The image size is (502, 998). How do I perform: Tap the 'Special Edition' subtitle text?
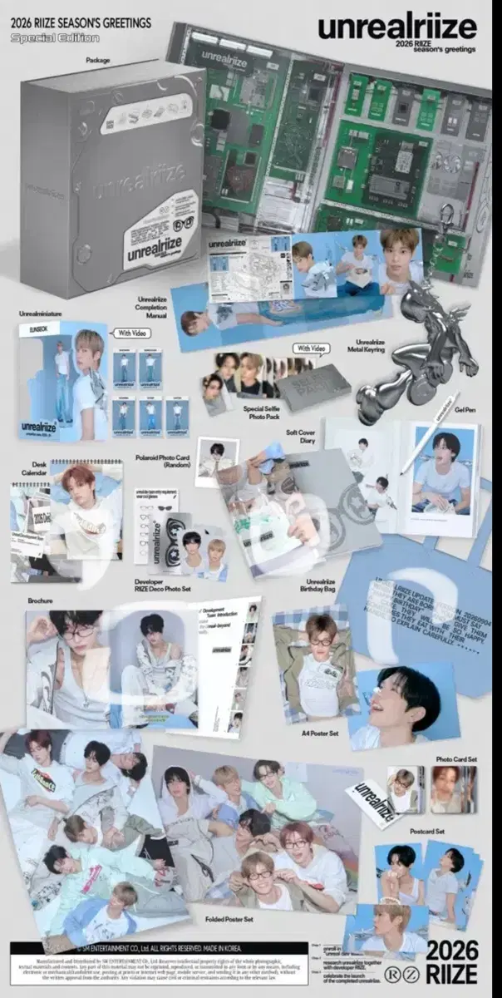[55, 37]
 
